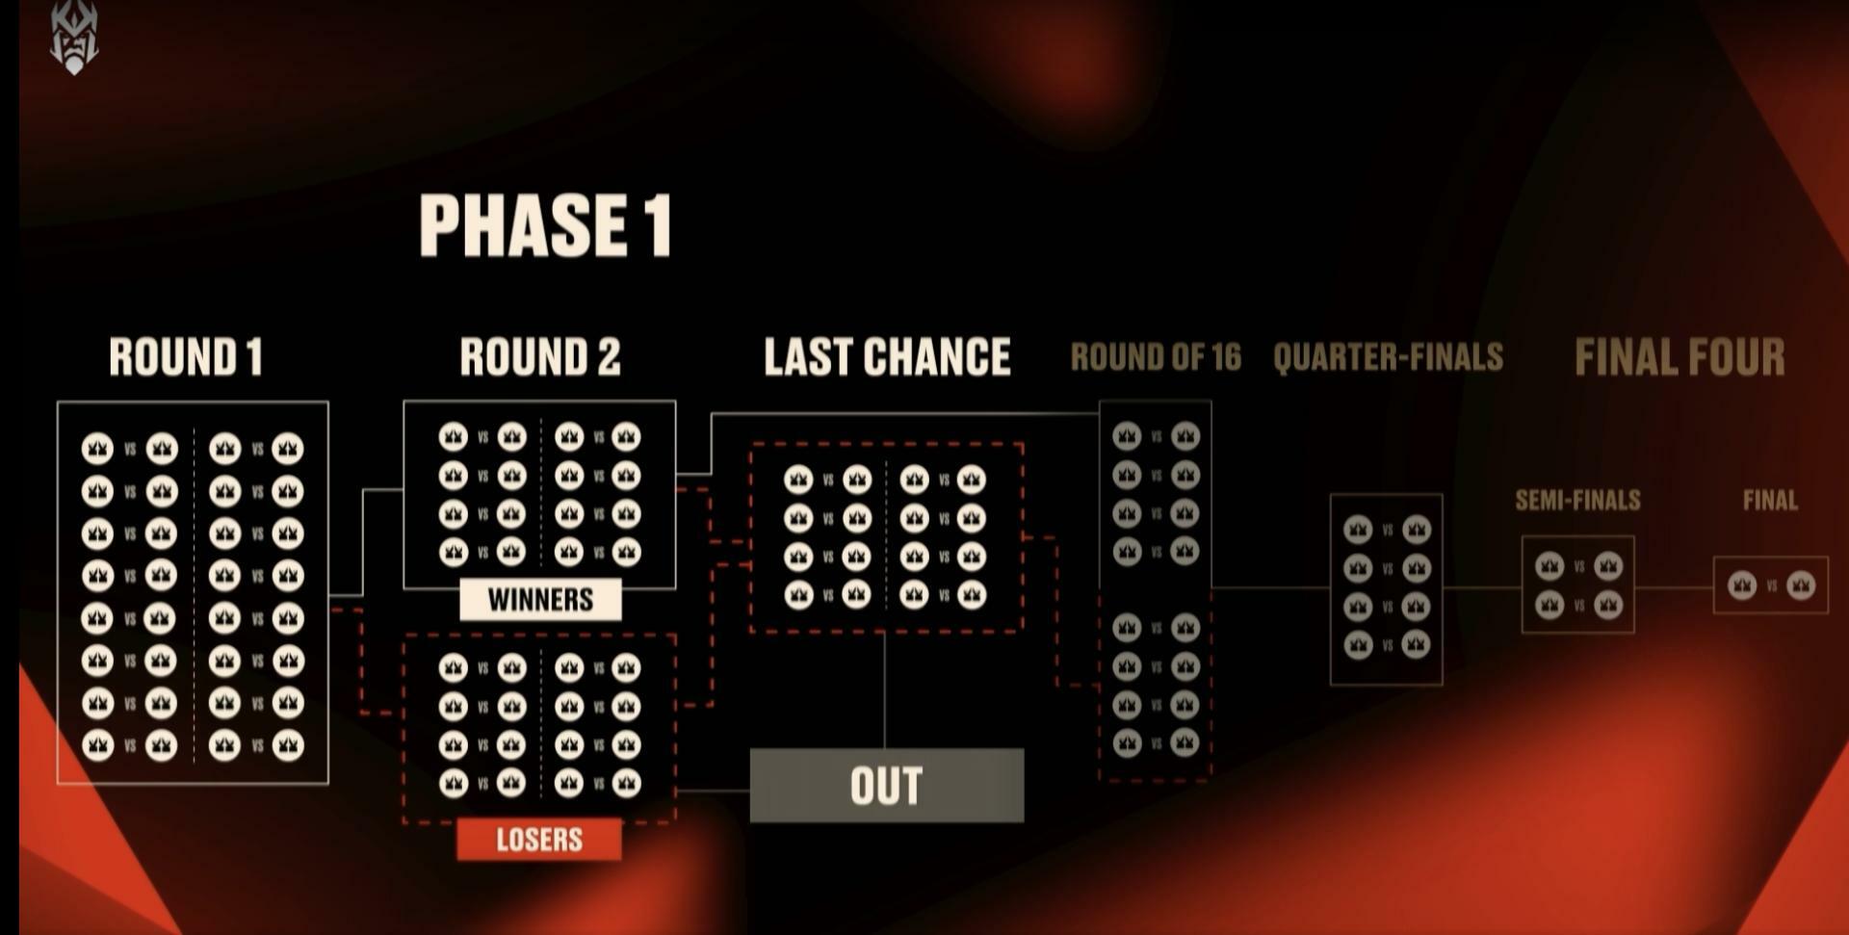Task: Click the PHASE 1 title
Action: click(x=545, y=225)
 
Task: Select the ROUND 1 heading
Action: click(x=186, y=357)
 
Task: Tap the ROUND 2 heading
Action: click(x=540, y=357)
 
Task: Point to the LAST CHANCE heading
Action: click(x=887, y=357)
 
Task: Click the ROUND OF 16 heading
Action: click(x=1156, y=358)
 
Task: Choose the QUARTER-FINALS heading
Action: click(x=1388, y=358)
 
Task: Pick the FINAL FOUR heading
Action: click(x=1680, y=357)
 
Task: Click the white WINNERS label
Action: click(x=540, y=600)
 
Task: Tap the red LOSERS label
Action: click(x=539, y=840)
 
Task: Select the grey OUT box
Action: click(x=886, y=786)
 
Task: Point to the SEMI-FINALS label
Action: click(x=1577, y=501)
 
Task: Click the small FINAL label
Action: click(x=1770, y=501)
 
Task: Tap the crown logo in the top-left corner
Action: click(x=74, y=39)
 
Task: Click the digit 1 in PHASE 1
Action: click(x=658, y=225)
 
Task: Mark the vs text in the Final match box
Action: click(x=1772, y=585)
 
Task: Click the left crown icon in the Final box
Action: click(x=1742, y=585)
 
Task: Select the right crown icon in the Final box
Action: click(x=1801, y=585)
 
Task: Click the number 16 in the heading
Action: click(x=1226, y=358)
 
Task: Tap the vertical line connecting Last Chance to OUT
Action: click(x=885, y=689)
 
